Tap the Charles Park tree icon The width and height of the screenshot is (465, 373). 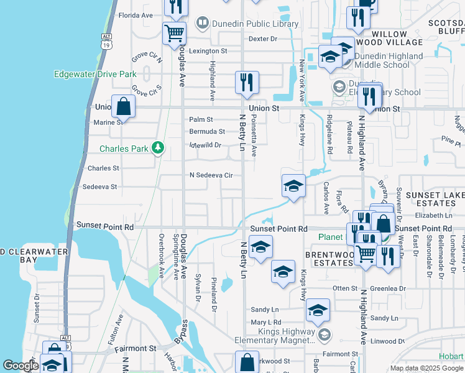[159, 148]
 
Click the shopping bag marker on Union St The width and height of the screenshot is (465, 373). [124, 106]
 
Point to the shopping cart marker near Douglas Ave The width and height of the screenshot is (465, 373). [175, 33]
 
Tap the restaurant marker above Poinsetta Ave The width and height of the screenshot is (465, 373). [247, 82]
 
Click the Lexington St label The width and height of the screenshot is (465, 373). [208, 51]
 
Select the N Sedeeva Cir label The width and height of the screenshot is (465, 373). [211, 175]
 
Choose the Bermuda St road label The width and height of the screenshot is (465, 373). [207, 132]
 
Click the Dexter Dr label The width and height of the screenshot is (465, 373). [262, 39]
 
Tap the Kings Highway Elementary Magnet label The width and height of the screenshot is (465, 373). [275, 340]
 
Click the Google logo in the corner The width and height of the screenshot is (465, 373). [21, 366]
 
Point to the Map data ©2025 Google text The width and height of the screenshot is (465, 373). [426, 368]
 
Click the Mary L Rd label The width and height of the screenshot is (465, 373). [266, 323]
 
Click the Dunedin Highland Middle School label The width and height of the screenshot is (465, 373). [389, 60]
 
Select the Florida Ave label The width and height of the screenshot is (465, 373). [136, 15]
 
